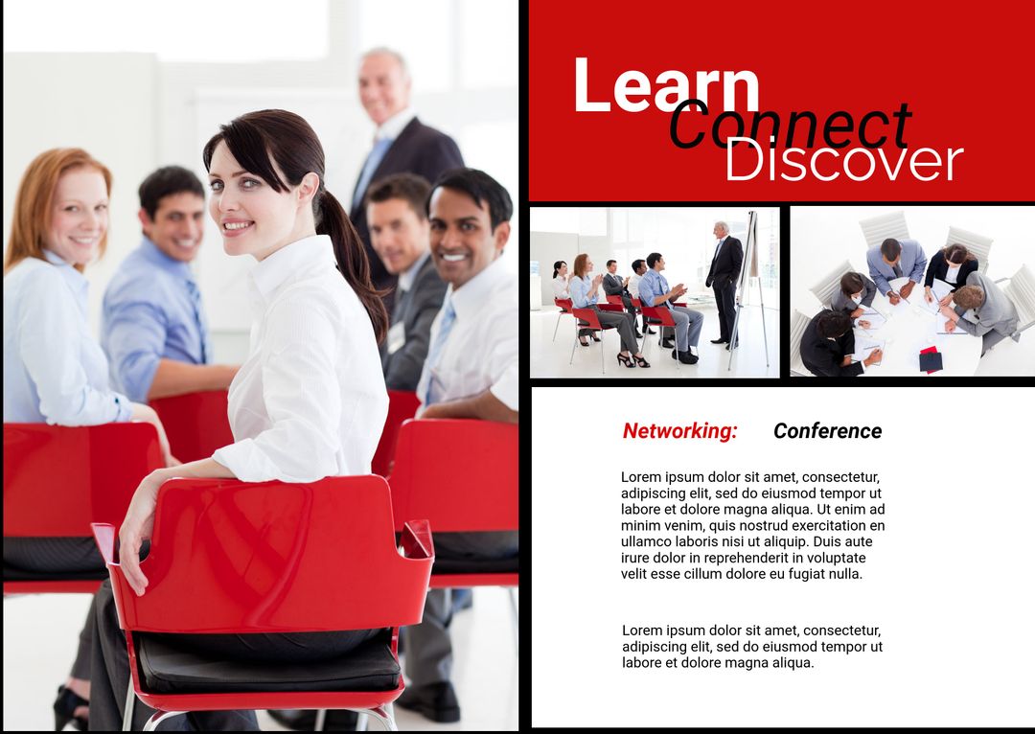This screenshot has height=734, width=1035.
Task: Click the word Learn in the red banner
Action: (665, 86)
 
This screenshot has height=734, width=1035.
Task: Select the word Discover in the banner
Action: (842, 161)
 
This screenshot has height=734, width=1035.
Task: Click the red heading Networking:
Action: (679, 431)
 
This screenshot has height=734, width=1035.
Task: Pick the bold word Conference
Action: (827, 431)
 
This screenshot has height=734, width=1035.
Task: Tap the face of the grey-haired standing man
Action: (384, 87)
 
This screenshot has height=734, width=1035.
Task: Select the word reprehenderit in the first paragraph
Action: (757, 558)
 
